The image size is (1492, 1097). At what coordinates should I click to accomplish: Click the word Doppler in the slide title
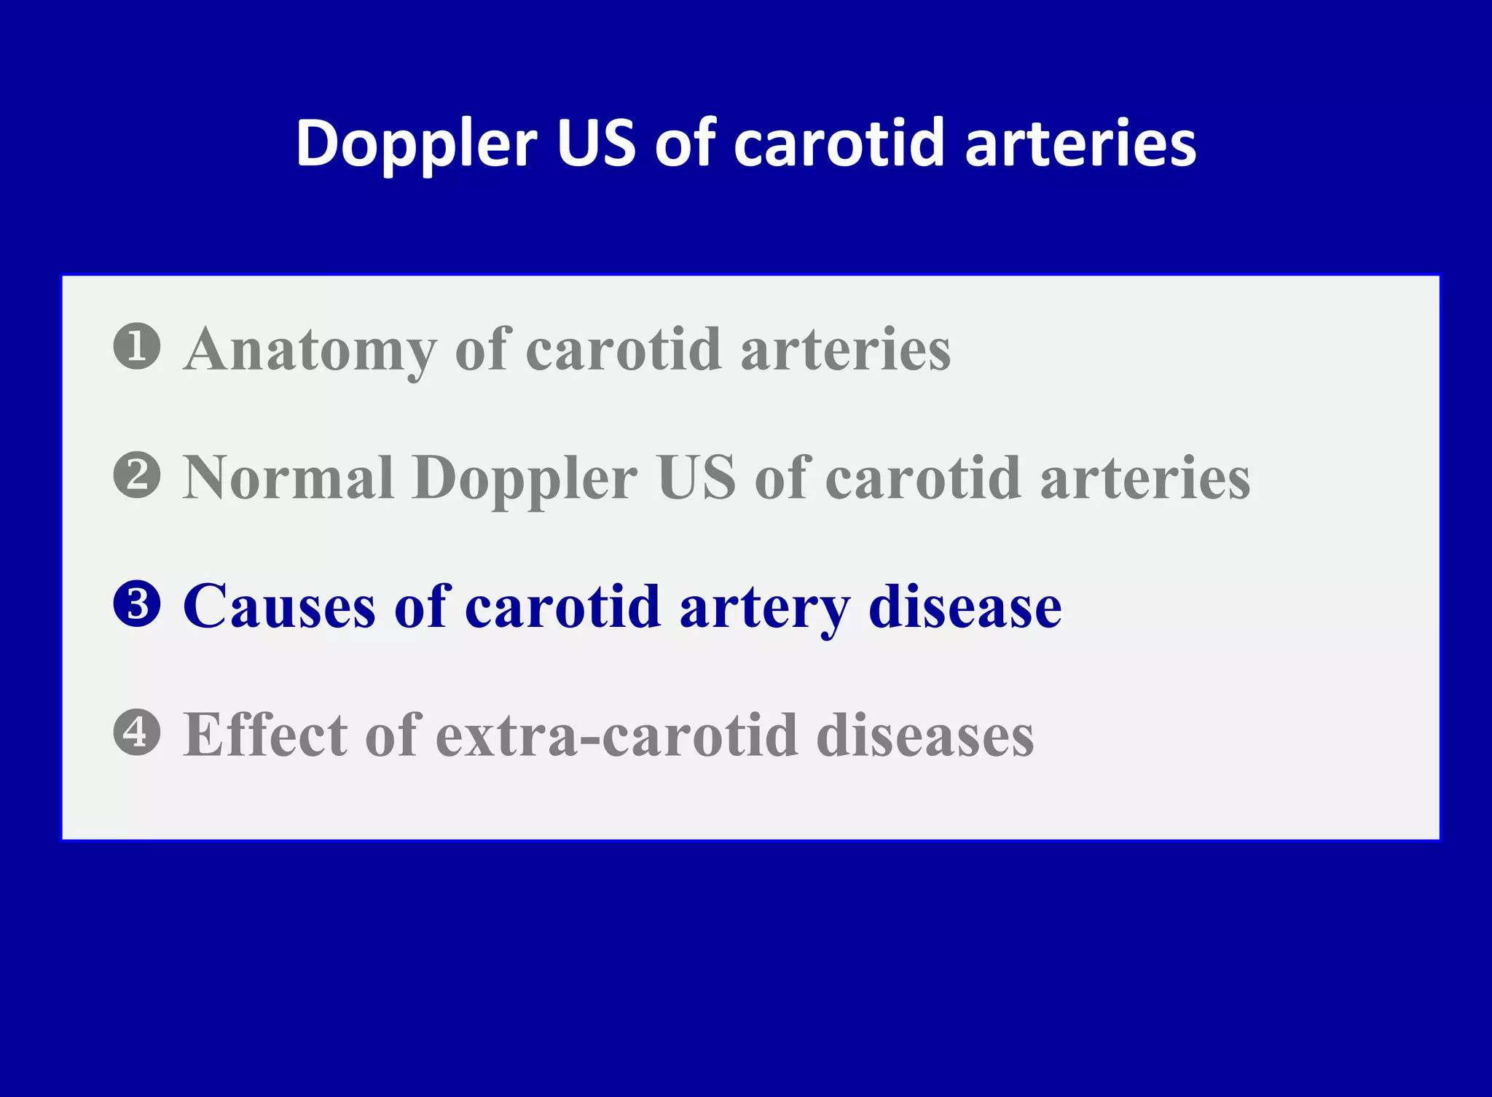(x=416, y=144)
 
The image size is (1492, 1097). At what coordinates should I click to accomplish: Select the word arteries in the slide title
(x=1080, y=143)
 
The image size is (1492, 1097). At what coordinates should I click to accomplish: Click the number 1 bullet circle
(x=137, y=346)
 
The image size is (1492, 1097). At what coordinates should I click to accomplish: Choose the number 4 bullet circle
(x=137, y=733)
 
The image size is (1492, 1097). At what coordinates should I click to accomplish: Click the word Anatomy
(x=310, y=350)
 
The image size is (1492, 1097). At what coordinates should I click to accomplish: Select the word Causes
(x=279, y=606)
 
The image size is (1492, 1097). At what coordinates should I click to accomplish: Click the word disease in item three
(x=965, y=606)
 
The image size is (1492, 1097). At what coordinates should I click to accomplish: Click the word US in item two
(x=696, y=478)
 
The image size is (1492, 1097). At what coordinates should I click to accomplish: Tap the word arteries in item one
(x=846, y=350)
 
